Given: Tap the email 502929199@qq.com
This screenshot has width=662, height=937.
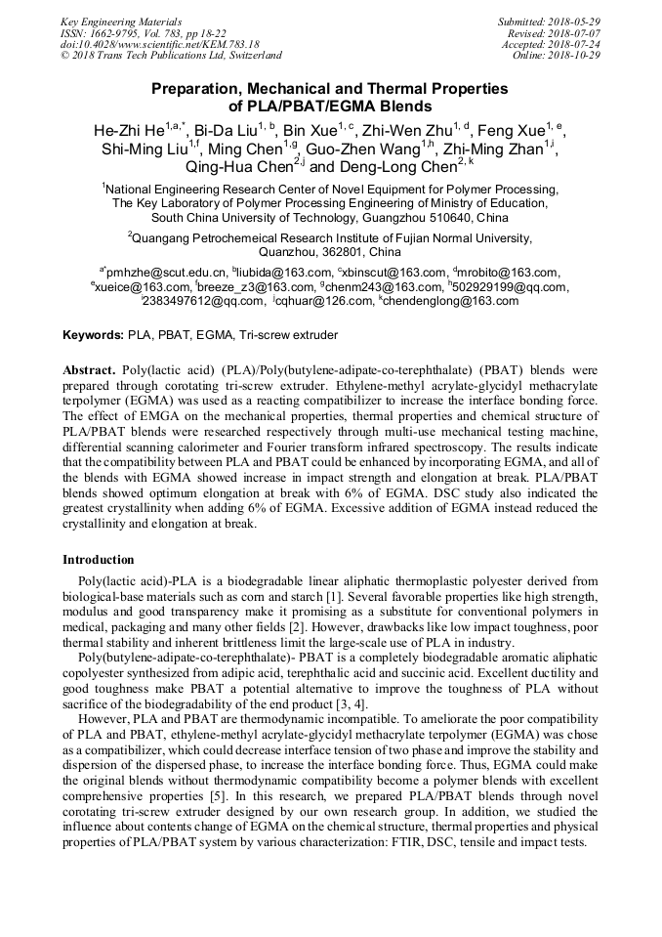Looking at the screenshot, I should click(512, 286).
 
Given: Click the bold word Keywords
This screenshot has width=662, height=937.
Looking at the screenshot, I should click(93, 335).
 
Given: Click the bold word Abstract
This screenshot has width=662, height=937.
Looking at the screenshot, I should click(89, 371).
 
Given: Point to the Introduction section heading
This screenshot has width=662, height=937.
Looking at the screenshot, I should click(99, 560).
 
